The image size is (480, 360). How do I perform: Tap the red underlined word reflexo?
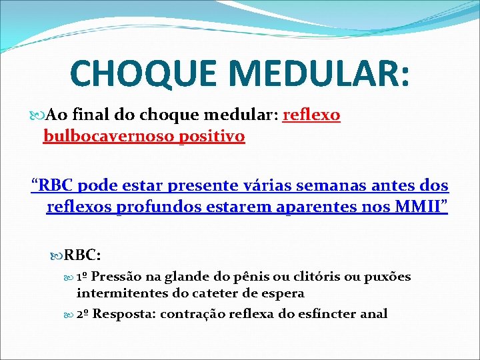[x=311, y=115]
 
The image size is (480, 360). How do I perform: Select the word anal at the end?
[x=373, y=313]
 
